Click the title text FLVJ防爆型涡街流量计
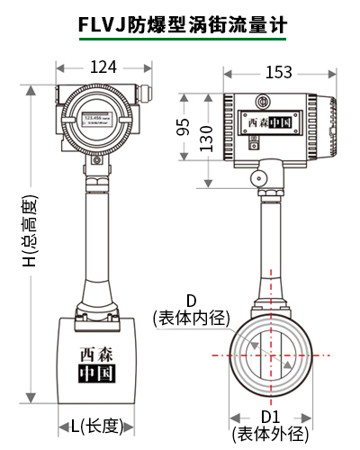179,22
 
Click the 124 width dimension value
101,66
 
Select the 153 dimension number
279,73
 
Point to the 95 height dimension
183,127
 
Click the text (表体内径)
192,318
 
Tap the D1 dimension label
270,417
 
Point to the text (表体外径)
269,434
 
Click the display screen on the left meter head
95,120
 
